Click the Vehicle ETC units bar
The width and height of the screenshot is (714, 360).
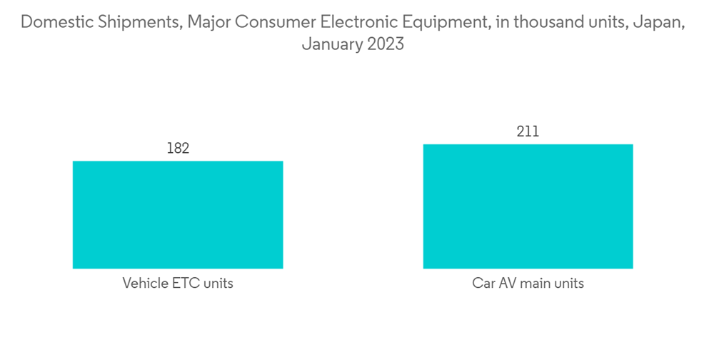[x=178, y=214]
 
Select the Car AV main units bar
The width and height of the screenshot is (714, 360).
[x=528, y=206]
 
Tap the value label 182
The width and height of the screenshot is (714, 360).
[x=178, y=149]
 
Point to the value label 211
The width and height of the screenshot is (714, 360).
[x=528, y=132]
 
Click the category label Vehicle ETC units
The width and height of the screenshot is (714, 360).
[x=178, y=284]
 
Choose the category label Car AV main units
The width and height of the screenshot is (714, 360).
[x=528, y=284]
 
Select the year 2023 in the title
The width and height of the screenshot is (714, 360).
[x=386, y=44]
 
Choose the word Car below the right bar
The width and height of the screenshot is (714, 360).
[x=483, y=284]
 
